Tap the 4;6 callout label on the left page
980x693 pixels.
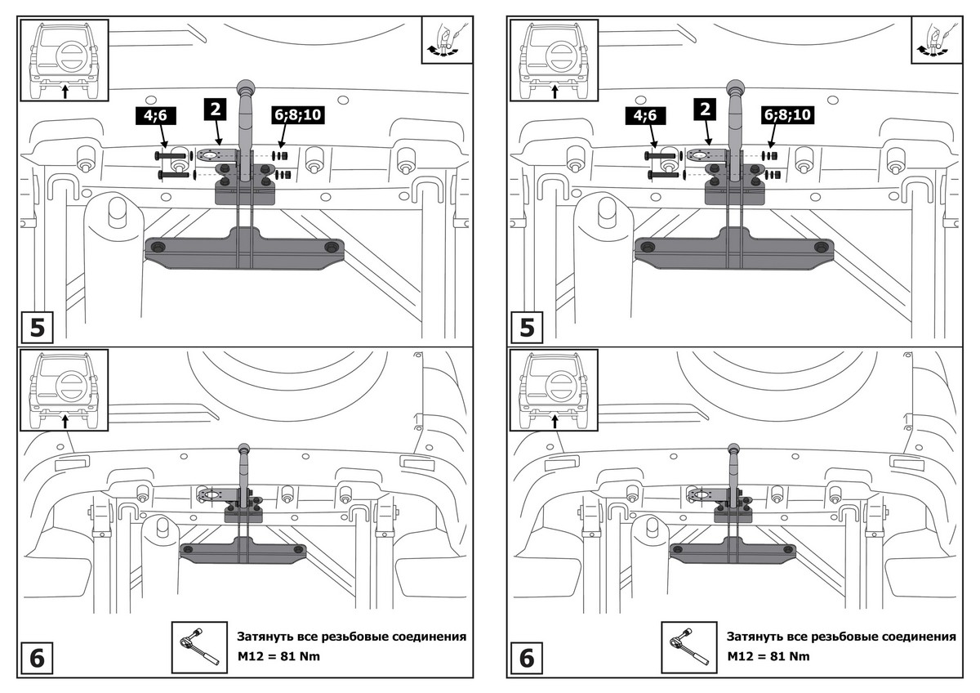[x=156, y=116]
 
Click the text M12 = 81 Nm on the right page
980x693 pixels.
[x=768, y=656]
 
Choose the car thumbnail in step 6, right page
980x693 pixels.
[x=554, y=391]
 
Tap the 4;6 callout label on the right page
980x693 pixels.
[x=646, y=116]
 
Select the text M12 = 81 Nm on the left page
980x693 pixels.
[x=278, y=656]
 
